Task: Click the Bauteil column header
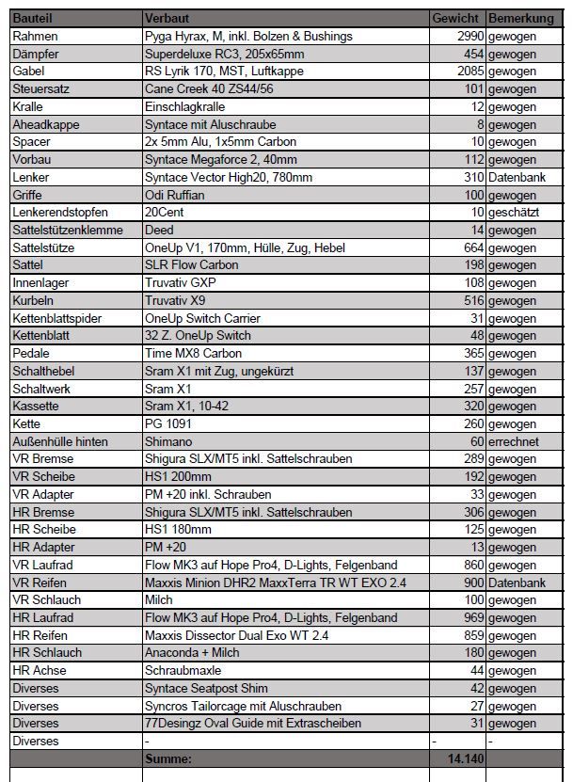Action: [34, 18]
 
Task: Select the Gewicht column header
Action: [456, 18]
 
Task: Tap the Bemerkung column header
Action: [520, 18]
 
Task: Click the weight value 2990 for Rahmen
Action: [468, 36]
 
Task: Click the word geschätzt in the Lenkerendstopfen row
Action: [514, 212]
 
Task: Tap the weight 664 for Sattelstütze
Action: [472, 247]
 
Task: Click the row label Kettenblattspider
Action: [57, 318]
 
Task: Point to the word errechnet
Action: [514, 441]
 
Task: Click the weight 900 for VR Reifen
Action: [472, 583]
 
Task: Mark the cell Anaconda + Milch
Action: [196, 652]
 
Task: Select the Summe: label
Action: [169, 758]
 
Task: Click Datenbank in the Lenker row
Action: [517, 177]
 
